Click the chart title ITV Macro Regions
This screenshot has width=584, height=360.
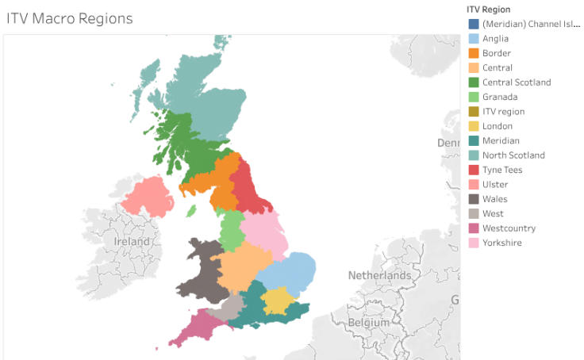coord(70,17)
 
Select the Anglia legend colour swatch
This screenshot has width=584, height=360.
coord(474,38)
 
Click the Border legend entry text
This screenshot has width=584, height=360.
coord(496,53)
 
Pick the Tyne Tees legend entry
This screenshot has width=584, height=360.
coord(501,170)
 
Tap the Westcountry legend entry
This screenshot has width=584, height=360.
coord(508,228)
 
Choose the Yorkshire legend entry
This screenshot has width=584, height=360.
coord(501,243)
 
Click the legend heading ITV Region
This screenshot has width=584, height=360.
coord(489,10)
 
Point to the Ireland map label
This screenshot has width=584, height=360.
coord(131,241)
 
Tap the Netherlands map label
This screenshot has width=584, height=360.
coord(379,275)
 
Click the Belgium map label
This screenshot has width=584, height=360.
coord(368,323)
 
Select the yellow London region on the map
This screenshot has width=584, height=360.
coord(279,301)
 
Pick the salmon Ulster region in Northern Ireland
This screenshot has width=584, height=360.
coord(146,196)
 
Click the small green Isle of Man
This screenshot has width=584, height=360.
coord(190,211)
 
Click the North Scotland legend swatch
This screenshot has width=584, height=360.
coord(474,155)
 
